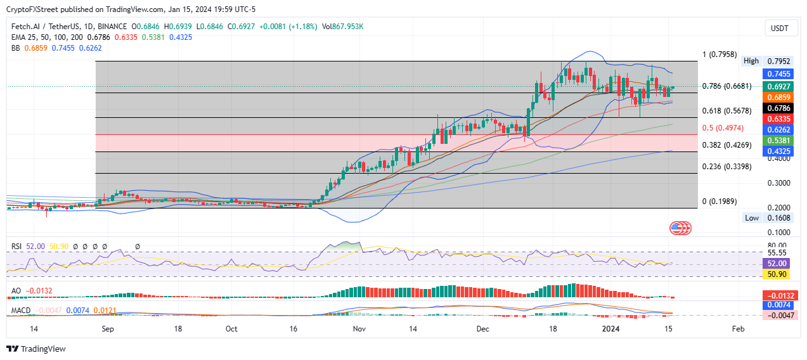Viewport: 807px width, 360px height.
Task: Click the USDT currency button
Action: point(779,28)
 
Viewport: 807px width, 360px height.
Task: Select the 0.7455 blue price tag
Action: point(779,74)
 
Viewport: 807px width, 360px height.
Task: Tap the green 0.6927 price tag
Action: point(779,86)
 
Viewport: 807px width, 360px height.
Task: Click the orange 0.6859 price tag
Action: point(779,98)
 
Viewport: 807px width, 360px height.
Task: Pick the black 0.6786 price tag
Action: point(779,108)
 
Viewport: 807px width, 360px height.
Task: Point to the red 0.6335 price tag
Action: point(779,119)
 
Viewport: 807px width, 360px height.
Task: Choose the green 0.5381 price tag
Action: point(779,141)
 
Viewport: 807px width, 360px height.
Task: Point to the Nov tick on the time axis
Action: point(359,329)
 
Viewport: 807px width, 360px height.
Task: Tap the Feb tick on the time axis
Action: point(738,329)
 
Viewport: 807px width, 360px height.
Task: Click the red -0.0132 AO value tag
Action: point(779,295)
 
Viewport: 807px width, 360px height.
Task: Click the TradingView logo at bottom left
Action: point(36,349)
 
